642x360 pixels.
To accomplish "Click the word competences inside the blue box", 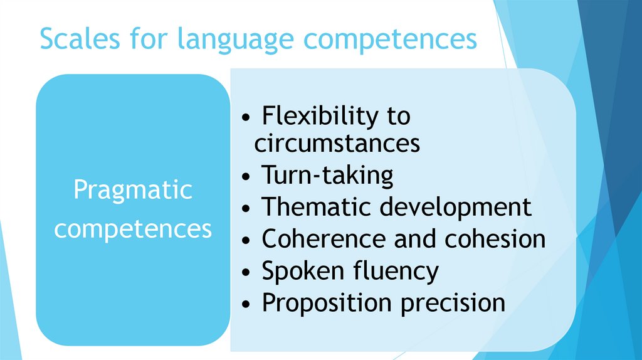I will (x=133, y=229).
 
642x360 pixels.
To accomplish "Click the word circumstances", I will (x=337, y=144).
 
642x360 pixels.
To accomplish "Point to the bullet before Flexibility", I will (x=248, y=118).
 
